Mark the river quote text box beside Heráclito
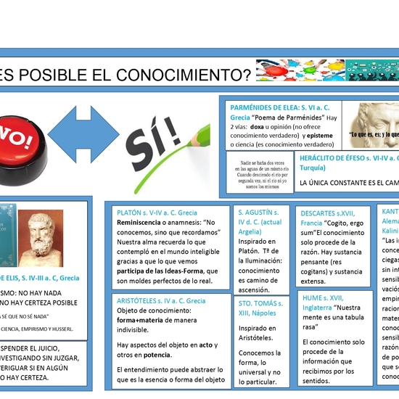click(258, 175)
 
